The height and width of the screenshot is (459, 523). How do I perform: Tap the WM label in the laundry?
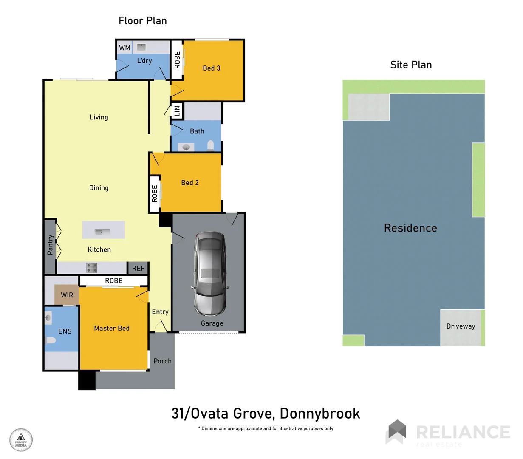(x=124, y=48)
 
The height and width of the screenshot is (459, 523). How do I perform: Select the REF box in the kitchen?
(x=138, y=268)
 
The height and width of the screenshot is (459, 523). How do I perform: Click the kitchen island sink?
(x=102, y=232)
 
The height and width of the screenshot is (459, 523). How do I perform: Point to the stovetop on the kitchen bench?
(x=92, y=267)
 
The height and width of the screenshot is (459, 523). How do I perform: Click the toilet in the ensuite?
(x=51, y=340)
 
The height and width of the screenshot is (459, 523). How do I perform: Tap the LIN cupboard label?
(x=177, y=111)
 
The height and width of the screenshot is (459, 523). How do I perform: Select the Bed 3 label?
(x=211, y=68)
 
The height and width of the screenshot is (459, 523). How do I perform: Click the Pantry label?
(x=50, y=245)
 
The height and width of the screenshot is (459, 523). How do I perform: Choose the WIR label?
(x=67, y=295)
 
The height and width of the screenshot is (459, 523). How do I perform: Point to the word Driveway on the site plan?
(x=461, y=326)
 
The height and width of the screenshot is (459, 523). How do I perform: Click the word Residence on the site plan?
(x=410, y=228)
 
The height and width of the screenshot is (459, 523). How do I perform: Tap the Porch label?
(x=162, y=361)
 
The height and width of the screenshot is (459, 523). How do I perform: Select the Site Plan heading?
(x=411, y=65)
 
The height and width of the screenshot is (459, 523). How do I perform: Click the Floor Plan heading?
(x=142, y=21)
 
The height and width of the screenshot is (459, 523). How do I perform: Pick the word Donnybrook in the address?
(x=320, y=414)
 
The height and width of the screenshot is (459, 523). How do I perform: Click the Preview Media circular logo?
(x=21, y=440)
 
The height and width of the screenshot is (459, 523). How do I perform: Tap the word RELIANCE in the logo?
(x=463, y=432)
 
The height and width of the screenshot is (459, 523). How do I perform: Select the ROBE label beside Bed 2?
(x=155, y=193)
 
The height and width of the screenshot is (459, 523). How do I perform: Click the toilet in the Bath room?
(x=210, y=146)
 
